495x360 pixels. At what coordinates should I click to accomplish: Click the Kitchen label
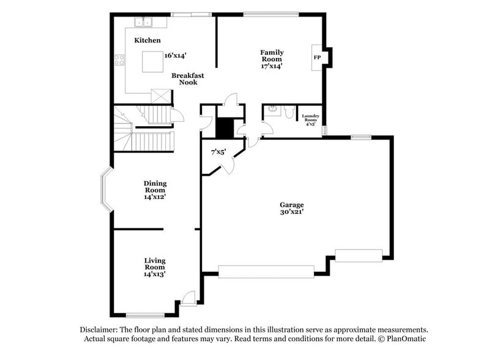point(147,40)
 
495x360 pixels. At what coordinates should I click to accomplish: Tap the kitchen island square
point(153,61)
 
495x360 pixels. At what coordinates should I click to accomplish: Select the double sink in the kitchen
point(144,23)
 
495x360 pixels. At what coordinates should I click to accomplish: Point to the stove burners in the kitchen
point(119,60)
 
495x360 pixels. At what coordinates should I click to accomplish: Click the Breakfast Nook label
point(188,79)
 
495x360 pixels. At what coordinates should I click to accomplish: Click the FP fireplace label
point(317,58)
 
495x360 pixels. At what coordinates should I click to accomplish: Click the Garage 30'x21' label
point(292,208)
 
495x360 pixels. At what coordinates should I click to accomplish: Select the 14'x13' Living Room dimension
point(155,274)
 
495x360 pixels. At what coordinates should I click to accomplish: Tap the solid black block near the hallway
point(225,127)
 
